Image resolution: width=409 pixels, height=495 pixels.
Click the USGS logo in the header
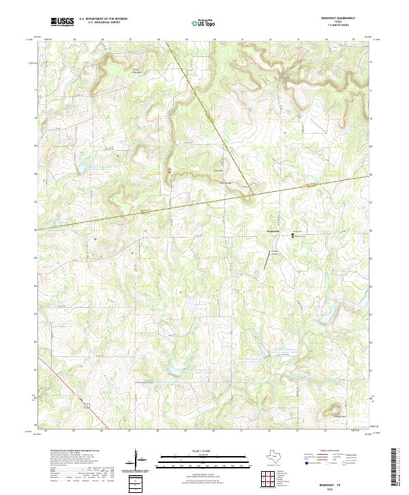62,23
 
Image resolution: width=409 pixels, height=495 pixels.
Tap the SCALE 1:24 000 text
198,452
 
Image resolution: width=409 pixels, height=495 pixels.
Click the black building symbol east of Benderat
294,236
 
